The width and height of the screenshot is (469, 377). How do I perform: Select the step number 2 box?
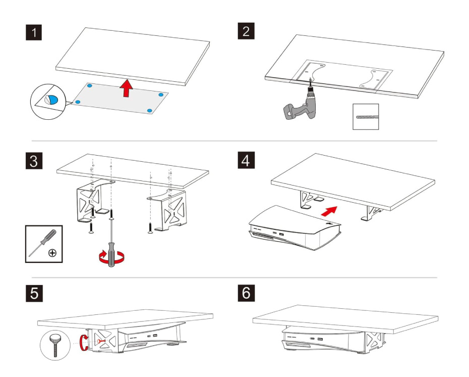[246, 31]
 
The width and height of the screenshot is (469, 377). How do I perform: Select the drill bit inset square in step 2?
[365, 117]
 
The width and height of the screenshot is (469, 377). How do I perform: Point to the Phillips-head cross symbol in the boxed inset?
[52, 252]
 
